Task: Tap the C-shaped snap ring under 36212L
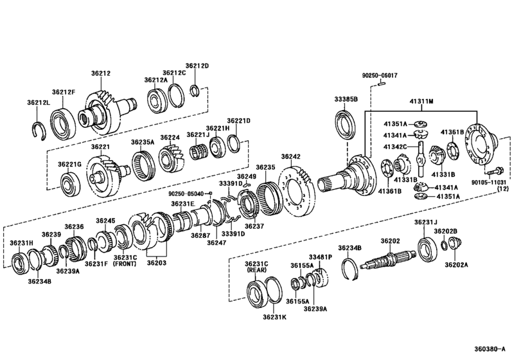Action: [x=40, y=129]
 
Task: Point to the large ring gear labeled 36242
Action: [x=296, y=186]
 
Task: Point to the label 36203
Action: [x=157, y=263]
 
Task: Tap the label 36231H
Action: [x=21, y=242]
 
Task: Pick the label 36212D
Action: [x=198, y=66]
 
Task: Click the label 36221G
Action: [x=70, y=165]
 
